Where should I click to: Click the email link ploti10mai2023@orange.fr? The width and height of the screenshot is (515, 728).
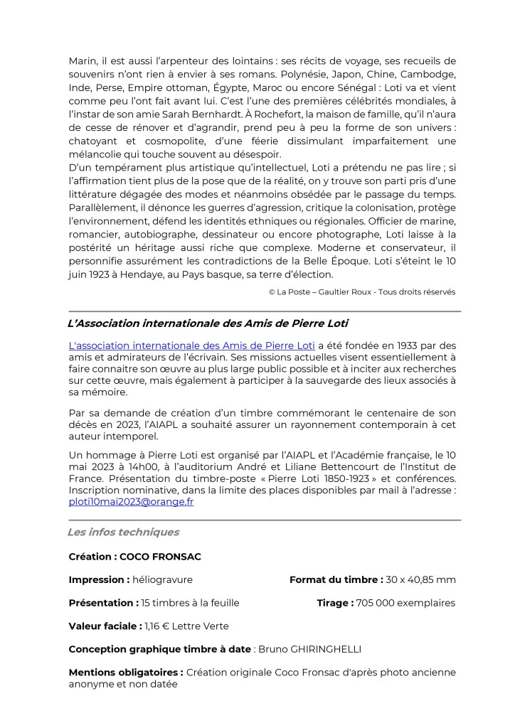(131, 501)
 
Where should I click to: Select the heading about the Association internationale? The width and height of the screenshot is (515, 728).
(208, 323)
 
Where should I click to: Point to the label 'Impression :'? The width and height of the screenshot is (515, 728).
(99, 579)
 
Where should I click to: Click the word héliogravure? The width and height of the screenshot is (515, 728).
(162, 579)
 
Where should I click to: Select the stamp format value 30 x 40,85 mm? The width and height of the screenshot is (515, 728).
(420, 579)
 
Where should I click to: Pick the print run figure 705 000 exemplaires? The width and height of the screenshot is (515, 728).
(406, 603)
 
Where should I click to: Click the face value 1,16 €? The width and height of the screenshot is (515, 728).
(158, 626)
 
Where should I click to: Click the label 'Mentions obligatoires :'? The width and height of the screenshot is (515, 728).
(126, 672)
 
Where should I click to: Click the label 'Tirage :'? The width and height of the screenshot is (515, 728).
(336, 603)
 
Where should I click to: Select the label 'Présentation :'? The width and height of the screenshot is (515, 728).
(104, 603)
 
